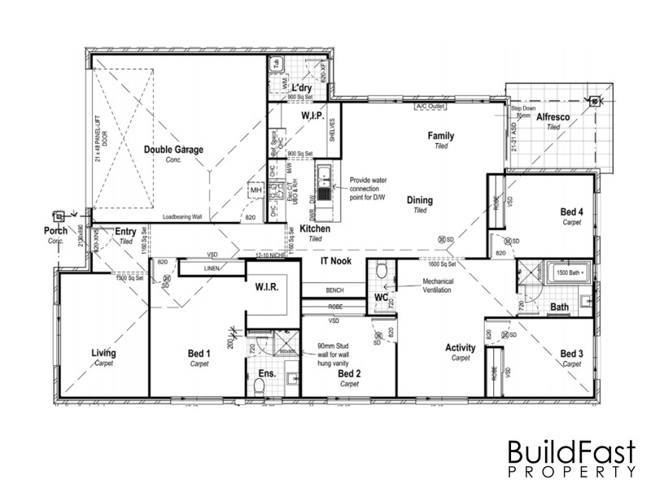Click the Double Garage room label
click(x=173, y=150)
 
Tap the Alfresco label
click(x=553, y=118)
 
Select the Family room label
click(x=441, y=136)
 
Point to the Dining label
click(x=420, y=200)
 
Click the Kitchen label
click(x=315, y=229)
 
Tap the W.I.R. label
click(x=268, y=288)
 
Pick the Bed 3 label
click(x=572, y=354)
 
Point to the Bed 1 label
click(x=199, y=354)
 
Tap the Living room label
click(x=103, y=353)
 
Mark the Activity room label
click(x=461, y=348)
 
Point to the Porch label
click(x=56, y=231)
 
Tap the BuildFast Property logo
click(x=570, y=459)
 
